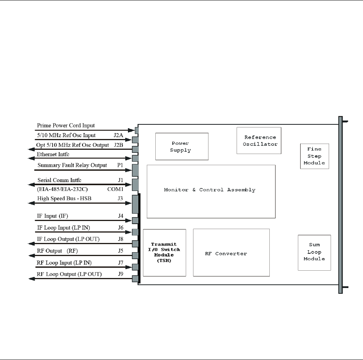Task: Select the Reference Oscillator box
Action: coord(259,141)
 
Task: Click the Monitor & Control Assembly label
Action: coord(210,190)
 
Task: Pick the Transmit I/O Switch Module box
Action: coord(165,252)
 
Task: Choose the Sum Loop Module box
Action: coord(314,252)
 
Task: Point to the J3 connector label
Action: coord(121,199)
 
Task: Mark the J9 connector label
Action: coord(121,275)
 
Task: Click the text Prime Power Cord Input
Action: coord(66,126)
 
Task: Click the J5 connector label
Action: coord(121,251)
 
